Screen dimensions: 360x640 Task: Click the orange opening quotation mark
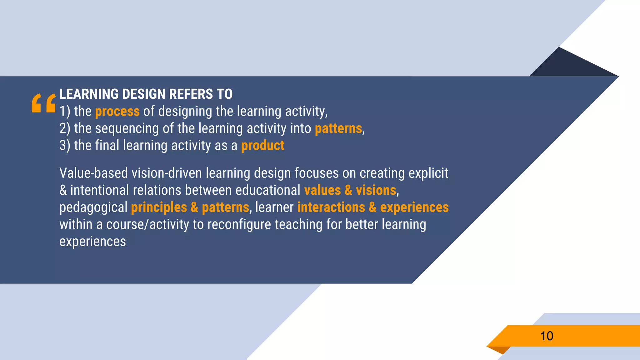coord(44,103)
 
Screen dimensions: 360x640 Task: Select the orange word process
coord(117,112)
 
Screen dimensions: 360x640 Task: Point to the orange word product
coord(262,146)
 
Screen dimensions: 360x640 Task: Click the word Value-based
coord(93,173)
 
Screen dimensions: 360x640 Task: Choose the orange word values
coord(322,190)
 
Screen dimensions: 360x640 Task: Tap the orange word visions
coord(376,190)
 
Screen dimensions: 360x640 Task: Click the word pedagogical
coord(93,208)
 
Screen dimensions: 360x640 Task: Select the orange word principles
coord(159,208)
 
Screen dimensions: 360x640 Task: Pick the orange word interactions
coord(331,207)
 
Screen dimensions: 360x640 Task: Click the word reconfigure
coord(239,225)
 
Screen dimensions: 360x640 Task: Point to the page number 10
coord(547,336)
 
